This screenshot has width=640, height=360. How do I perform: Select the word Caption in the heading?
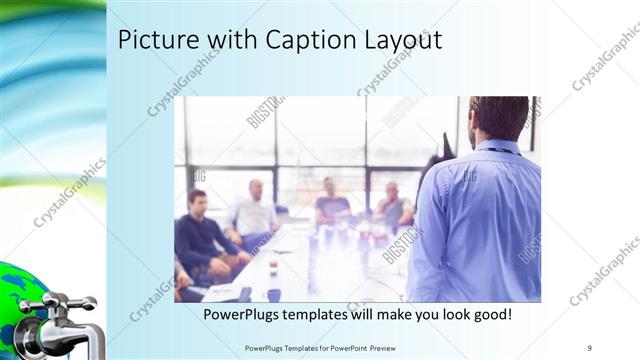305,40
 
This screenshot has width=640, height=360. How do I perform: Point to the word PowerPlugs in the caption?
246,314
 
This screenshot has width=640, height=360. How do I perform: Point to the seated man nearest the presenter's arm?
393,205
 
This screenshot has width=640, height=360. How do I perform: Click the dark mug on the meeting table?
273,294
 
